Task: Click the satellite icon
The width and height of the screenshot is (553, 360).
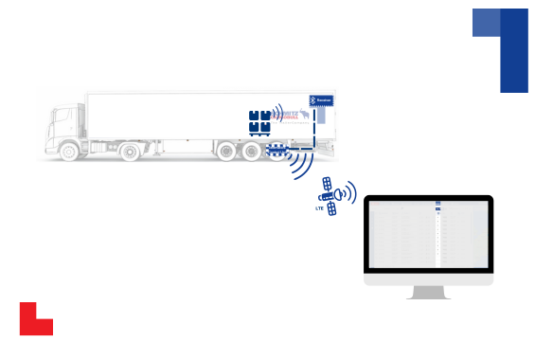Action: tap(330, 194)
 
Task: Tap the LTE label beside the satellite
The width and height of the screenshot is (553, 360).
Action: tap(319, 207)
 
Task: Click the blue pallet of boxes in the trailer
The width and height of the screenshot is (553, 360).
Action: tap(259, 119)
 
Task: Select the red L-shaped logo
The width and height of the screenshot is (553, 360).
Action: tap(34, 320)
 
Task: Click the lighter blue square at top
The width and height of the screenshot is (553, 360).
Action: tap(486, 23)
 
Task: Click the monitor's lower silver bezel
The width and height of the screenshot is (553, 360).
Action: tap(428, 280)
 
